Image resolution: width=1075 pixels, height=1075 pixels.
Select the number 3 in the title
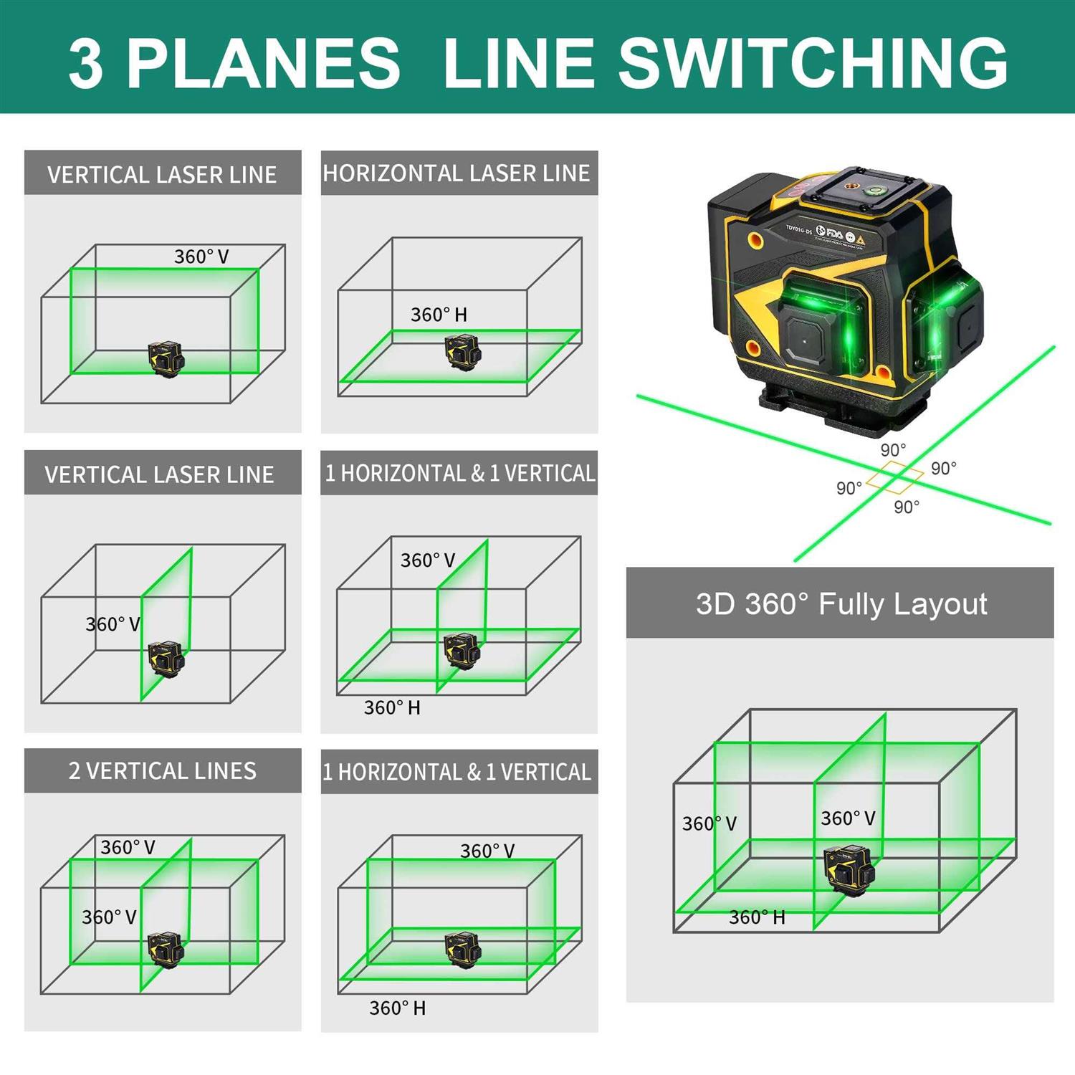(85, 64)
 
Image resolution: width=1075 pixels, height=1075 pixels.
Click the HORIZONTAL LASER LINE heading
(457, 173)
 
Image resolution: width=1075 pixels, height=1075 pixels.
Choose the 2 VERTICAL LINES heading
(162, 771)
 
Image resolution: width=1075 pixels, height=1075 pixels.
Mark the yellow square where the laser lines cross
(894, 477)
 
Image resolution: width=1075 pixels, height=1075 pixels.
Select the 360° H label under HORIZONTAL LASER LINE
(439, 315)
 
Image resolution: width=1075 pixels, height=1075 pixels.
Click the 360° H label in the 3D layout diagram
(757, 917)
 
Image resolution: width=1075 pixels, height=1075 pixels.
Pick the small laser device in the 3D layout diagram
(849, 869)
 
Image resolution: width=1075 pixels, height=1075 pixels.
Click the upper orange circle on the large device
(755, 240)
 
